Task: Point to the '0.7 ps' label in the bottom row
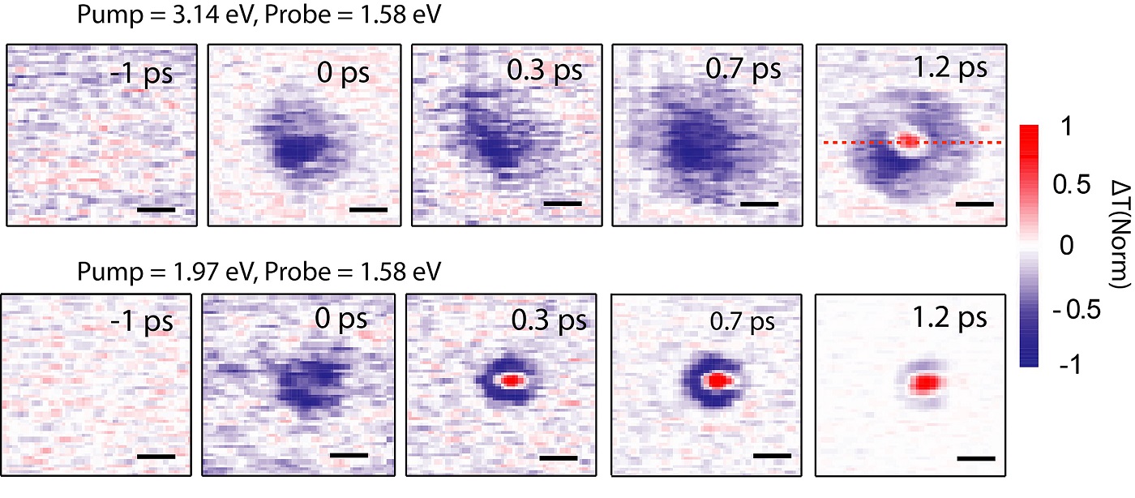(742, 321)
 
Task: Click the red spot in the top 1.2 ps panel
(910, 141)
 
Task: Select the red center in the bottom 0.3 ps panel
(511, 380)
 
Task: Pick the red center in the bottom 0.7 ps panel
(717, 380)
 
